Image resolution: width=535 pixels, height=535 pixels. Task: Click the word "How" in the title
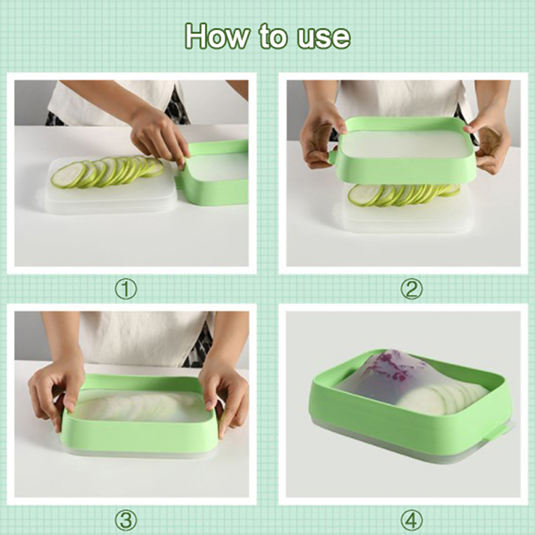[x=217, y=36]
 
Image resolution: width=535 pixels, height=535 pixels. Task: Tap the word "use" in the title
[x=324, y=37]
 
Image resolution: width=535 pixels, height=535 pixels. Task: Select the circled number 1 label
[x=126, y=290]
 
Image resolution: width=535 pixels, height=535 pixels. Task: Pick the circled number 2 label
[x=411, y=290]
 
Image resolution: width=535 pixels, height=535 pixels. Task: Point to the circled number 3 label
[x=126, y=521]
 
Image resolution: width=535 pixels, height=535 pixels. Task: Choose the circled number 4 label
[x=411, y=521]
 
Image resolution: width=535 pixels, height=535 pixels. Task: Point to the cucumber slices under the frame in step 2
[x=403, y=195]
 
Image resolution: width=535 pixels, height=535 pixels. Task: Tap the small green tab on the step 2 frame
[x=332, y=157]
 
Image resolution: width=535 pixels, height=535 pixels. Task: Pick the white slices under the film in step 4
[x=443, y=397]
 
